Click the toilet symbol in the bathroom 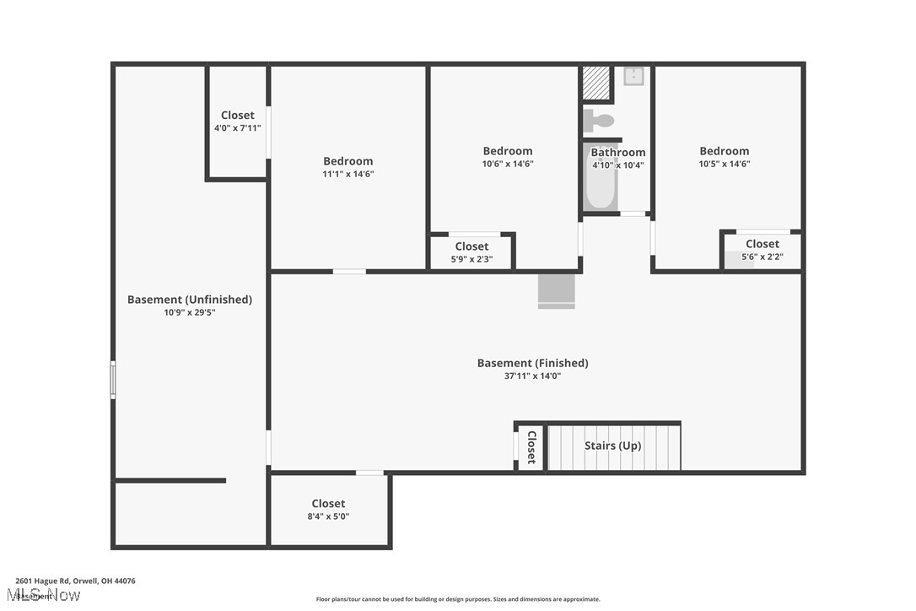point(599,120)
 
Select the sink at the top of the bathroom point(633,77)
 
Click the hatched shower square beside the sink point(595,83)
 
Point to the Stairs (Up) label point(612,446)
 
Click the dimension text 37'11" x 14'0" point(532,376)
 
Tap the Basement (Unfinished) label point(189,300)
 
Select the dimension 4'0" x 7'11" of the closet point(237,128)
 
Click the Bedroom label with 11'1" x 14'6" point(348,161)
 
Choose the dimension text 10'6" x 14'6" point(507,165)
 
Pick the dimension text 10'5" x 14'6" point(724,165)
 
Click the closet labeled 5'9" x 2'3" point(471,252)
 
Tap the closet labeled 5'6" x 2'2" point(762,250)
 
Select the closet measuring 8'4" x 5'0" point(328,510)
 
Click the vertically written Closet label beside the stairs point(531,447)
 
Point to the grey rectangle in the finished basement point(556,290)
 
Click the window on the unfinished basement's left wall point(113,380)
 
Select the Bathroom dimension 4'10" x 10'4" point(617,165)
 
